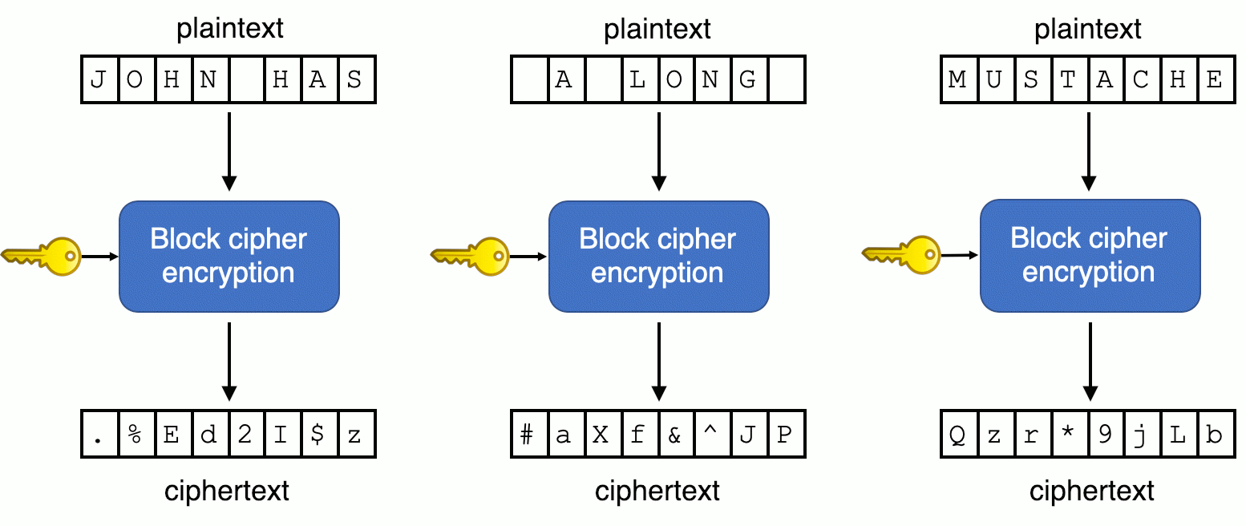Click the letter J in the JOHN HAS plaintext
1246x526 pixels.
(99, 79)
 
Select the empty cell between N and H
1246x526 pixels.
(246, 79)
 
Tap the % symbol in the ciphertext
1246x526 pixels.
(136, 435)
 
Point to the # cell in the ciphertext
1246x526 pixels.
(528, 435)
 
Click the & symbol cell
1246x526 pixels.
(674, 435)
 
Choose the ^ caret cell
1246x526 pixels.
(711, 435)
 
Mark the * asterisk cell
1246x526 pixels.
(1068, 435)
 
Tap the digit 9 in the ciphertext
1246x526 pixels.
(1105, 435)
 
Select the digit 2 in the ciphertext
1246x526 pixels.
(246, 435)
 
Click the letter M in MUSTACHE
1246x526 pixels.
(957, 79)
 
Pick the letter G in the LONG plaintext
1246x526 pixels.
(748, 79)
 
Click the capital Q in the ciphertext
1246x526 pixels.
(957, 435)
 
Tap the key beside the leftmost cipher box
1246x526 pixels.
(43, 257)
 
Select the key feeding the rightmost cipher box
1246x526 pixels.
(903, 255)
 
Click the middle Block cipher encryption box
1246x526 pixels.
(658, 256)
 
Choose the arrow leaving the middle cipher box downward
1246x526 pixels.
(658, 361)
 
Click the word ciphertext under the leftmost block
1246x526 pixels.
(227, 491)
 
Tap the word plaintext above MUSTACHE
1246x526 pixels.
(1088, 30)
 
